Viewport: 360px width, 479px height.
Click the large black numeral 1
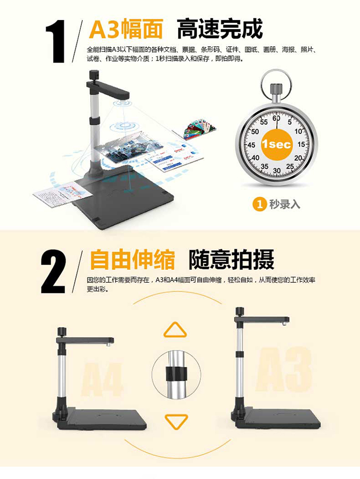(55, 41)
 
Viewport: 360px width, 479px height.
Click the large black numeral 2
(53, 272)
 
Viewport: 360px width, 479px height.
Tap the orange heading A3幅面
(126, 29)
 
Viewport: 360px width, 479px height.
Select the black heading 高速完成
(219, 29)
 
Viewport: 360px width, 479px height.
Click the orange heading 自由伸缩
(132, 259)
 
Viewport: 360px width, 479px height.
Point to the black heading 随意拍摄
(231, 259)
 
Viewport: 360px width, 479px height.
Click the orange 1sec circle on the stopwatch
(276, 144)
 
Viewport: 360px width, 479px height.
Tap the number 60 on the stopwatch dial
(276, 118)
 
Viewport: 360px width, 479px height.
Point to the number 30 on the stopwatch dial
(277, 170)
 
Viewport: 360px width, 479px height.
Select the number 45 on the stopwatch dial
(252, 145)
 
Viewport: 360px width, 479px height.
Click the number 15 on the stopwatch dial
(301, 144)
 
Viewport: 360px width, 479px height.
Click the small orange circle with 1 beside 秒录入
(260, 204)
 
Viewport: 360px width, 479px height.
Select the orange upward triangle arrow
(175, 331)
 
